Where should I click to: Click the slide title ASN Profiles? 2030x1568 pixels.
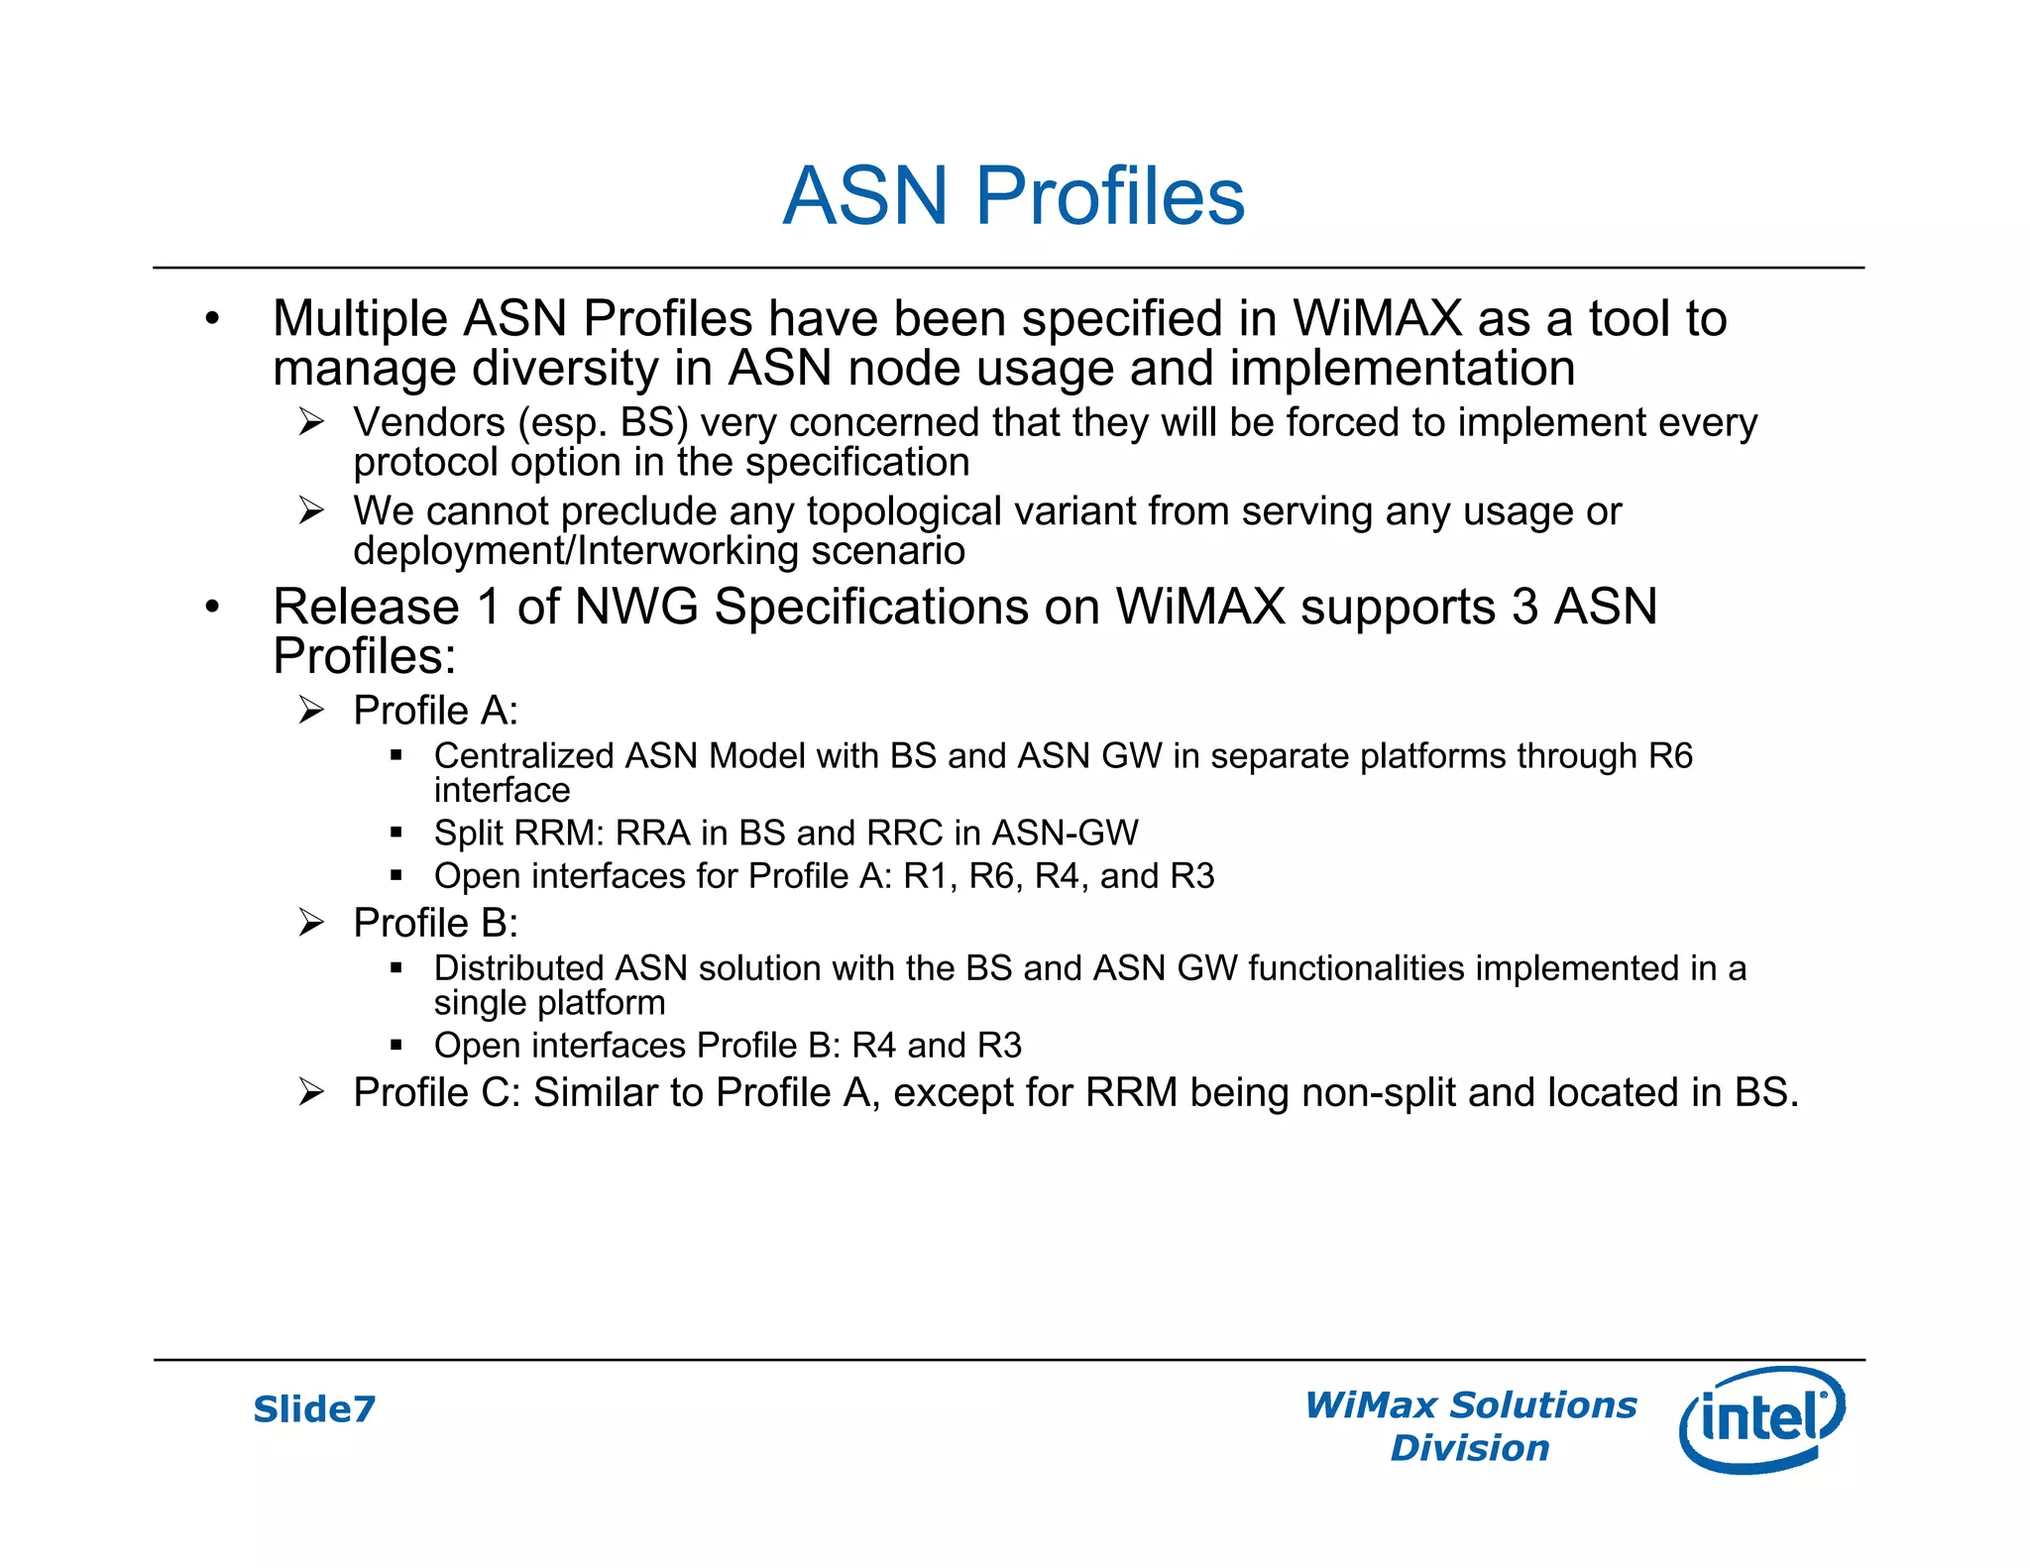click(1013, 195)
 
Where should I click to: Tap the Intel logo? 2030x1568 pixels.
click(1761, 1418)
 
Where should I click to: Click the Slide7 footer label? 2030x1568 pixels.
click(314, 1408)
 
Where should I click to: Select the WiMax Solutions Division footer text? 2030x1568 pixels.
click(1470, 1426)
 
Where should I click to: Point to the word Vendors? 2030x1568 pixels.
click(429, 423)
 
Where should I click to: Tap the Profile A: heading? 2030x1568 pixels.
click(435, 711)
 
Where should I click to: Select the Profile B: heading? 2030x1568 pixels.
click(435, 923)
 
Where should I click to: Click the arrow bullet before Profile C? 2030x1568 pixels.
click(311, 1092)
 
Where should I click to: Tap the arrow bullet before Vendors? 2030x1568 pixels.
click(311, 423)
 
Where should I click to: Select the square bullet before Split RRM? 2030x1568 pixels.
click(396, 833)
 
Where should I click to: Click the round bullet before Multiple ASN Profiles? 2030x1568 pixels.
click(211, 319)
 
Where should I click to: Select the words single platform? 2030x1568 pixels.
click(549, 1003)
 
